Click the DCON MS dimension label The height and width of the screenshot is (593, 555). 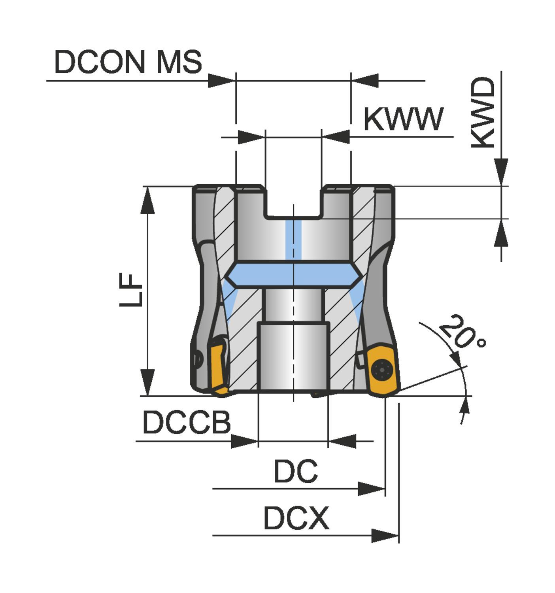pos(128,62)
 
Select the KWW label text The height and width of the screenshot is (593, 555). pos(403,119)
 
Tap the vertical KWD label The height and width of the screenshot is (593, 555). pos(483,113)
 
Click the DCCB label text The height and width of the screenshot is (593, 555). pos(187,422)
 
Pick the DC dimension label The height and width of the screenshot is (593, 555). pos(296,471)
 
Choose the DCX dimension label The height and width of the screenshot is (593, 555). pos(296,518)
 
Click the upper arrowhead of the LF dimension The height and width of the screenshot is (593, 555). pos(147,200)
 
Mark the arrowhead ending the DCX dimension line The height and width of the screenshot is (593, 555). pos(385,536)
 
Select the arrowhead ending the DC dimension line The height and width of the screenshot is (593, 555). pos(371,489)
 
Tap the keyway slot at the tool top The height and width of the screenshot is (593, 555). pos(293,202)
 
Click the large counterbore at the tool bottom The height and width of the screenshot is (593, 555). pos(293,356)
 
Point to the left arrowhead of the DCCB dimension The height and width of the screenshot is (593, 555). pos(244,441)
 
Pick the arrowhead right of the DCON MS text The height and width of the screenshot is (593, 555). pos(221,81)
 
